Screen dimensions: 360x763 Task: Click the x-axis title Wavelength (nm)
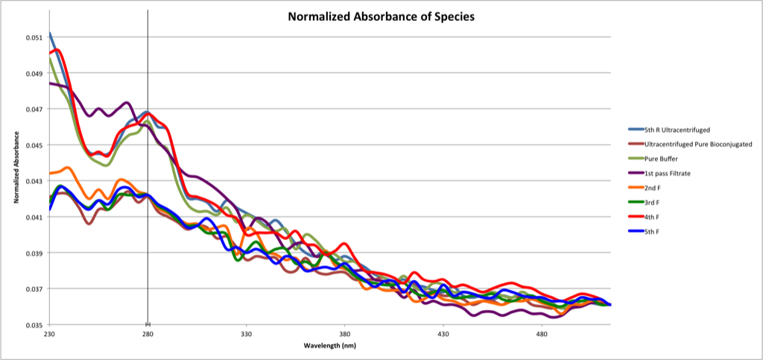pos(329,347)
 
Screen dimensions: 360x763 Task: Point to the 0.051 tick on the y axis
pos(35,37)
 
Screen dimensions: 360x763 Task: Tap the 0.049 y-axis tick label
pos(35,73)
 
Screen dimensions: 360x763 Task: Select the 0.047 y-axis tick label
pos(35,109)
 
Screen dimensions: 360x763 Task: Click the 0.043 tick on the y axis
pos(35,181)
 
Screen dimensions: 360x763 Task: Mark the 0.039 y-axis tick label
pos(35,253)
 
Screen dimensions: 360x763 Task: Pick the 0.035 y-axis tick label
pos(35,325)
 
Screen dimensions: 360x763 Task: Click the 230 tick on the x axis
pos(49,335)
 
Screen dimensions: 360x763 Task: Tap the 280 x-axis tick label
pos(148,335)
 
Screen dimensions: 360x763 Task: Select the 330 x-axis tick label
pos(246,335)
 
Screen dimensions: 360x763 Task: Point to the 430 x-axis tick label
pos(443,335)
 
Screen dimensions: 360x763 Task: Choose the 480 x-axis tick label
pos(541,335)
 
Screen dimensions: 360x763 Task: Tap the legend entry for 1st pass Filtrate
pos(659,174)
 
